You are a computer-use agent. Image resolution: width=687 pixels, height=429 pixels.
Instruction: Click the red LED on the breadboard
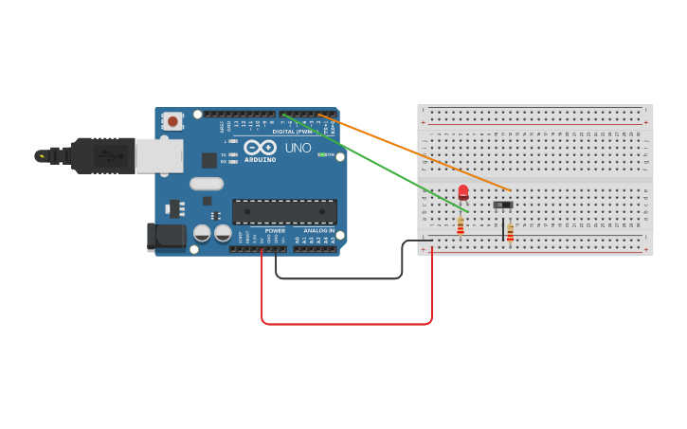pyautogui.click(x=462, y=192)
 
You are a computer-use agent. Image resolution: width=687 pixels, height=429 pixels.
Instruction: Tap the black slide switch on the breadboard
pyautogui.click(x=503, y=204)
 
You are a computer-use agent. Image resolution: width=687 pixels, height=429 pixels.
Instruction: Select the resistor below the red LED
pyautogui.click(x=461, y=225)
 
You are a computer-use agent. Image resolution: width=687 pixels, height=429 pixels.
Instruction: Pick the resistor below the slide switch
pyautogui.click(x=510, y=230)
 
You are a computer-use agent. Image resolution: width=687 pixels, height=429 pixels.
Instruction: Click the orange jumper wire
pyautogui.click(x=417, y=152)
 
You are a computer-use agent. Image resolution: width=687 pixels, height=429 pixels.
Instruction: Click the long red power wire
pyautogui.click(x=347, y=324)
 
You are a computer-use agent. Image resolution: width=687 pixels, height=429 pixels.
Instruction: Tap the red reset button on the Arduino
pyautogui.click(x=172, y=120)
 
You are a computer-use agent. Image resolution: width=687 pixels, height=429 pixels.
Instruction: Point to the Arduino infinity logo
pyautogui.click(x=260, y=148)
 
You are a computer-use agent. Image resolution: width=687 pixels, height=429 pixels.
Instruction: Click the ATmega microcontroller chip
pyautogui.click(x=284, y=211)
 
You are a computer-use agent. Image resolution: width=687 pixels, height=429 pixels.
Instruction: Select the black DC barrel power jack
pyautogui.click(x=165, y=237)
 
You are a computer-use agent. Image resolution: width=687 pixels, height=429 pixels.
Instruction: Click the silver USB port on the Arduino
pyautogui.click(x=158, y=156)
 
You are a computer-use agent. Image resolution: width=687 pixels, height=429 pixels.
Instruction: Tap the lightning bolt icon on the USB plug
pyautogui.click(x=41, y=155)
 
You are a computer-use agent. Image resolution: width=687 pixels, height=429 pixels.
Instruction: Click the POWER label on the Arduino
pyautogui.click(x=275, y=230)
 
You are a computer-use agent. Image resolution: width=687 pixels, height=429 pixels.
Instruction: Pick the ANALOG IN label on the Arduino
pyautogui.click(x=318, y=230)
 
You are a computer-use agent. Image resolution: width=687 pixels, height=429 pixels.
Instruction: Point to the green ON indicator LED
pyautogui.click(x=322, y=154)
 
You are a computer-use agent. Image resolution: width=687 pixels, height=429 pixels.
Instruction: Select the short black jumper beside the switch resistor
pyautogui.click(x=503, y=230)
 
